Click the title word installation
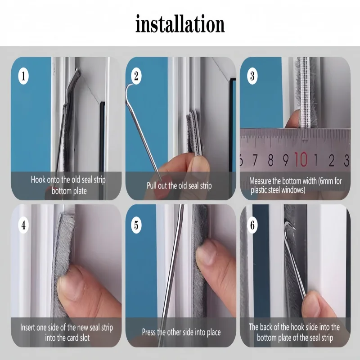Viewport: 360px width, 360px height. [180, 24]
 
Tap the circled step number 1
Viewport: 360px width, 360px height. [23, 76]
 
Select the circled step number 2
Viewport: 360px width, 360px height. [136, 76]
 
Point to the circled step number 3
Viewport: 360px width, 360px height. [252, 76]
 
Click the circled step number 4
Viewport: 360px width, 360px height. [23, 225]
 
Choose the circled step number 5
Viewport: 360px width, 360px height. [136, 225]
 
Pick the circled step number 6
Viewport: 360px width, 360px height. [252, 225]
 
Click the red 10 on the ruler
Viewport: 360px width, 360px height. [301, 159]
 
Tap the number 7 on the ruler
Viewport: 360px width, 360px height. [255, 160]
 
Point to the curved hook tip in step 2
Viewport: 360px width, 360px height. [128, 88]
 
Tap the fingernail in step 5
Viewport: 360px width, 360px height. [206, 254]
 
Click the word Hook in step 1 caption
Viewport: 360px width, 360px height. [38, 180]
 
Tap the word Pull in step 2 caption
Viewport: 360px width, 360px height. [151, 185]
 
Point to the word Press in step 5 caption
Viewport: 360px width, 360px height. [149, 332]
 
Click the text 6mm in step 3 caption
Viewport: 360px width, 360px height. [326, 181]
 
